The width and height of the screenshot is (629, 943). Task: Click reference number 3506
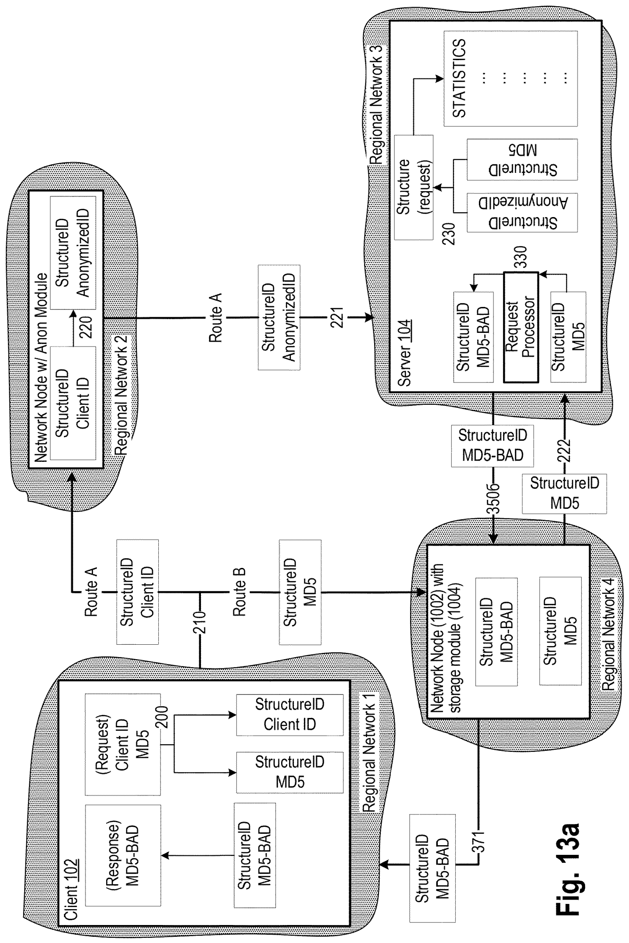click(494, 500)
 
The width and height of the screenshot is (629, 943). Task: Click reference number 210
click(200, 620)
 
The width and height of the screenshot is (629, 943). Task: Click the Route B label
click(239, 592)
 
